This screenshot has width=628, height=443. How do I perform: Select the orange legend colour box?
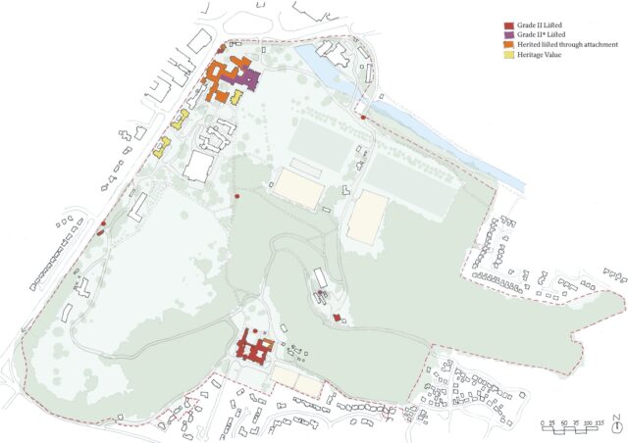(507, 46)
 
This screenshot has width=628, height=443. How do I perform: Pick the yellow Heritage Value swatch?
(507, 56)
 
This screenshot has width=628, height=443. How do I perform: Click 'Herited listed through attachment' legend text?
(565, 46)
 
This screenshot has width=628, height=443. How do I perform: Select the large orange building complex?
(222, 78)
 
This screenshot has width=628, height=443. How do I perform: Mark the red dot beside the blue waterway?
(364, 118)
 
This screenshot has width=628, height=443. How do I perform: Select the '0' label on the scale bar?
(543, 422)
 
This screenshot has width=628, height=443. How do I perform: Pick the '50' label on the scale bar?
(565, 422)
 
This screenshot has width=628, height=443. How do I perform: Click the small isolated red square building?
(337, 318)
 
